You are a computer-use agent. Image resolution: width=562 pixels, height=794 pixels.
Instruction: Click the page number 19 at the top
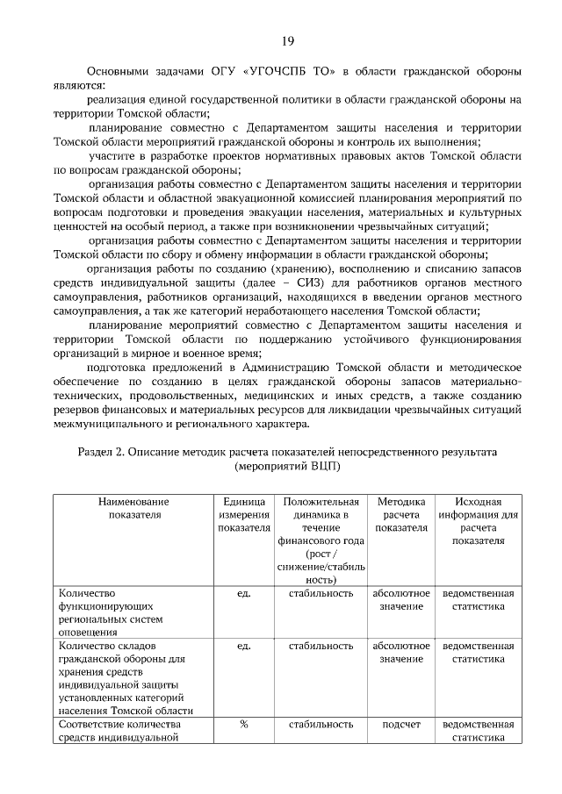coord(287,41)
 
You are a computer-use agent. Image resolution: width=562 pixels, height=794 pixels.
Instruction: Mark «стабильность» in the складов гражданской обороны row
coord(321,646)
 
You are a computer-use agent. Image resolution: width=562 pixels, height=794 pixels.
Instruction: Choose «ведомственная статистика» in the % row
coord(479,731)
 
